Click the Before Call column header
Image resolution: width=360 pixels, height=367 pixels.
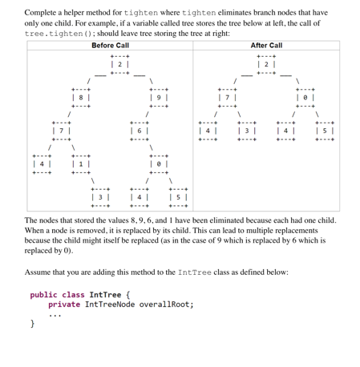point(111,46)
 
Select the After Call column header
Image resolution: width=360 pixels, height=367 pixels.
point(266,46)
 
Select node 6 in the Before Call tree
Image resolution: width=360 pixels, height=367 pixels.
point(140,130)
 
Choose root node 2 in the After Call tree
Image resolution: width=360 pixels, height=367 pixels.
point(266,64)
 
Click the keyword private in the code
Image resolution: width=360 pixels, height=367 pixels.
point(63,304)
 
